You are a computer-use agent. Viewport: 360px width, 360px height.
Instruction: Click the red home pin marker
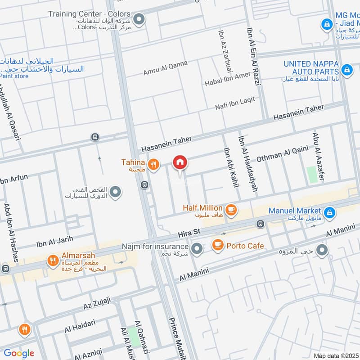pos(180,162)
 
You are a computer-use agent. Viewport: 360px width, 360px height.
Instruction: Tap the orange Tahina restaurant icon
pos(154,165)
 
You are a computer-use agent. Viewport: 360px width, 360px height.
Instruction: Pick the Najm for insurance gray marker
pos(197,248)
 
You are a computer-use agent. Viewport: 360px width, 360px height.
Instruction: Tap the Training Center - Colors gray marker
pos(139,19)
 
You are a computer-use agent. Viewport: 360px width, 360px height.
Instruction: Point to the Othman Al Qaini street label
pos(282,153)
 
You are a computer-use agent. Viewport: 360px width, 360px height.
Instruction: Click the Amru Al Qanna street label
pos(165,68)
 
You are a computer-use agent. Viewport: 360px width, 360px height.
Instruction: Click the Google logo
pos(19,353)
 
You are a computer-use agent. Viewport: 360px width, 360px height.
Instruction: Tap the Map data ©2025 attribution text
pos(335,355)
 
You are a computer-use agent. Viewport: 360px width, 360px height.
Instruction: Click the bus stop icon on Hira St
pos(260,224)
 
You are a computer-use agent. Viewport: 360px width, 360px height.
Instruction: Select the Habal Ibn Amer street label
pos(227,79)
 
